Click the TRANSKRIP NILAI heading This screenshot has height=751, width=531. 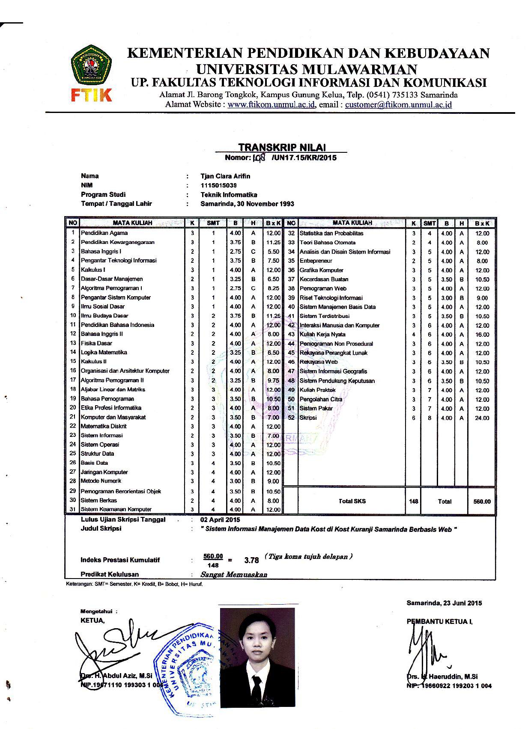[x=282, y=148]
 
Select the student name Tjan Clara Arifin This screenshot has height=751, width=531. [x=225, y=176]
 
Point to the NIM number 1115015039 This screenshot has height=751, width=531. [x=218, y=186]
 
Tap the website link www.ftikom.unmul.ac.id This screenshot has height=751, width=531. [x=271, y=105]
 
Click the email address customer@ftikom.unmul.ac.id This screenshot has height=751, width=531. [x=398, y=105]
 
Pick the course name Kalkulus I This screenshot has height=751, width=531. [x=93, y=270]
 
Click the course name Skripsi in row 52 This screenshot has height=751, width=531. [x=308, y=418]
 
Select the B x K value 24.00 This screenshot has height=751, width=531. [x=482, y=418]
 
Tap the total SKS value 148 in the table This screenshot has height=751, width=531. [x=413, y=502]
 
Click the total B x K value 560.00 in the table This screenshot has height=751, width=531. [x=482, y=502]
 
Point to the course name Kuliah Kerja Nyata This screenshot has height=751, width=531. [x=322, y=335]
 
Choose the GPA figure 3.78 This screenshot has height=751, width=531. [x=251, y=560]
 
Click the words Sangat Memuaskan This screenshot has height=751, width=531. [x=234, y=575]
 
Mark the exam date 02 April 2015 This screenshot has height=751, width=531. [x=220, y=520]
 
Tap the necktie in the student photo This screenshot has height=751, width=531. [x=256, y=689]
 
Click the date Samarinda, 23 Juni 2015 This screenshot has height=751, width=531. [x=444, y=603]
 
